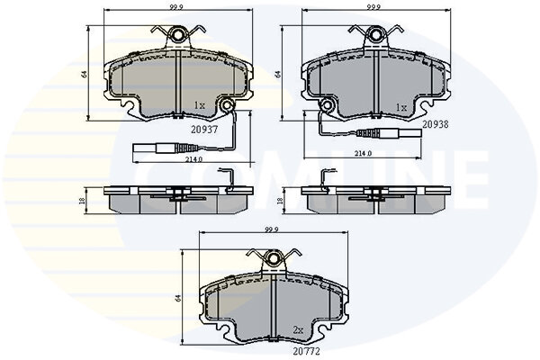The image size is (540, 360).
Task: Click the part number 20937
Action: (204, 130)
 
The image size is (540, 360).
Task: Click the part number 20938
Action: (436, 124)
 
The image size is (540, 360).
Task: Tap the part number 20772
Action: (307, 351)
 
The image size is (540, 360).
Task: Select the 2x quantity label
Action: (298, 330)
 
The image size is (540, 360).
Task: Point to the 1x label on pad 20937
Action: (200, 105)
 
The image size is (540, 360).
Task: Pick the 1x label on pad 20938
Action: (400, 108)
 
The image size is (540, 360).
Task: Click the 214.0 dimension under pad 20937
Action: (194, 159)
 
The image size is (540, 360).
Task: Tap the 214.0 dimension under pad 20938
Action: (363, 154)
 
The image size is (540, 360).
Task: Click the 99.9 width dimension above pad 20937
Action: (178, 6)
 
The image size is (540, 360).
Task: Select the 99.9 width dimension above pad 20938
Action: (376, 6)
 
